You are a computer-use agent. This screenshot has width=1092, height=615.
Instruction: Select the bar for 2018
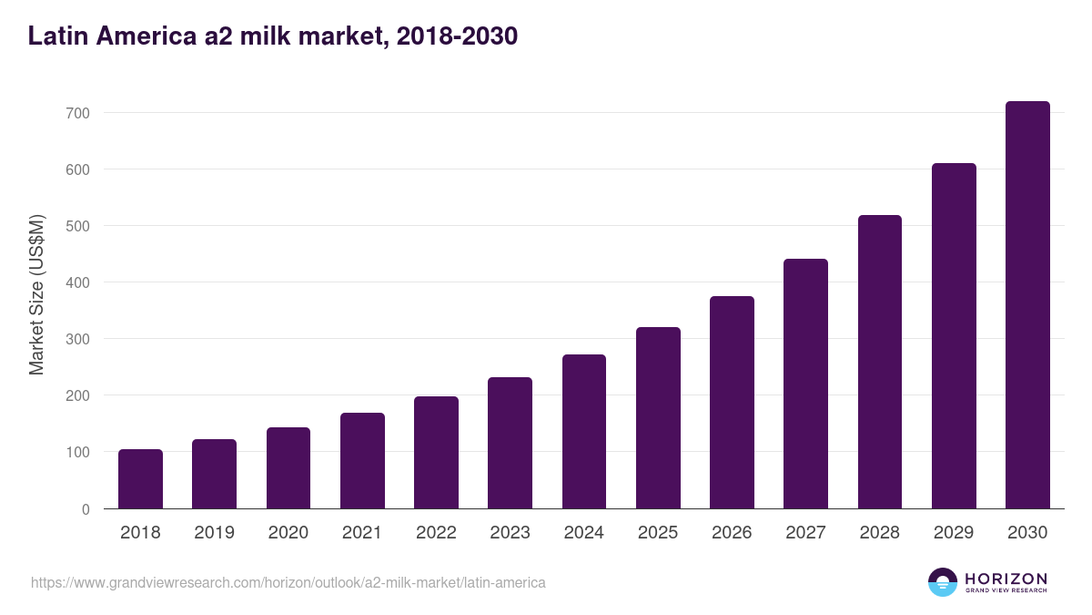(x=140, y=479)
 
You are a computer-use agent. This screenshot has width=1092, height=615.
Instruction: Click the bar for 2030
(x=1027, y=305)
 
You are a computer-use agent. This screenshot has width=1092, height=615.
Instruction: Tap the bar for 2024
(x=584, y=432)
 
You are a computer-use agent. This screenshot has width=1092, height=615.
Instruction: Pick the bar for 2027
(x=805, y=384)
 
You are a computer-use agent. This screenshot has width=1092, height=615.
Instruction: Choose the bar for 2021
(x=362, y=461)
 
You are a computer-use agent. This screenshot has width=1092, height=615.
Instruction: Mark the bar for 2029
(x=954, y=336)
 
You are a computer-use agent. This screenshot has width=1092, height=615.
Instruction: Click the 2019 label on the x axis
(x=215, y=533)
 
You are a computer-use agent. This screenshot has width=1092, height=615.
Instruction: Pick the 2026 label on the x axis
(x=732, y=533)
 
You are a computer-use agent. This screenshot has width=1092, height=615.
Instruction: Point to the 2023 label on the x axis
(x=510, y=533)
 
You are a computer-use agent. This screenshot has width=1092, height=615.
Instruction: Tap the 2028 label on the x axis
(x=880, y=533)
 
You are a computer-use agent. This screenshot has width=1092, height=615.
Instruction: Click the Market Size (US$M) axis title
(x=36, y=295)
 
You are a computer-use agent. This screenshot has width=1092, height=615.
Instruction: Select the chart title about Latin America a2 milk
(x=273, y=36)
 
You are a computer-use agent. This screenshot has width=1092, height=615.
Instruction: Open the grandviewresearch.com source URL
(x=288, y=582)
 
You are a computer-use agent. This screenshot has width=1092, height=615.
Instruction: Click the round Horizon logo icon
(x=943, y=582)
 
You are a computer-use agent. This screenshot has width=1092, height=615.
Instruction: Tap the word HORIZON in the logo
(x=1006, y=578)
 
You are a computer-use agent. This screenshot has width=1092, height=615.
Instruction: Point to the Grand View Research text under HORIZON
(x=1006, y=591)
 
